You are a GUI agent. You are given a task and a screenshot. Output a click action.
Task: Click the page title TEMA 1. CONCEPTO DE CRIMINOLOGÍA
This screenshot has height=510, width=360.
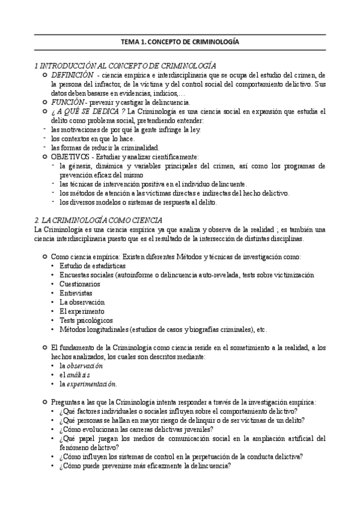pos(180,43)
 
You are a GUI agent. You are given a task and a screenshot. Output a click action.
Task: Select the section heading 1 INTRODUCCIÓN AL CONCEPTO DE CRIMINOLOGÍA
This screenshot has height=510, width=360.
pos(126,65)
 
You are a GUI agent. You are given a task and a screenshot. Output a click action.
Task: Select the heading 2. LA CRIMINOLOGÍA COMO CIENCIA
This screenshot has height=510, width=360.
pos(103,220)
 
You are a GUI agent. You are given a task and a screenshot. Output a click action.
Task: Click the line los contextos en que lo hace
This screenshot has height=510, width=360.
pos(88,138)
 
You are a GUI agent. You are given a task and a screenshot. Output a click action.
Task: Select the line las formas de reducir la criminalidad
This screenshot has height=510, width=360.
pos(97,147)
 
